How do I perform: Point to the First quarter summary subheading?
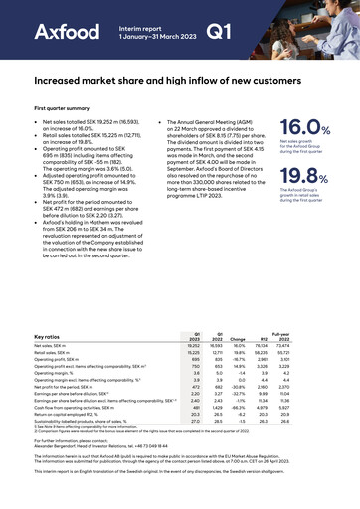[x=69, y=107]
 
